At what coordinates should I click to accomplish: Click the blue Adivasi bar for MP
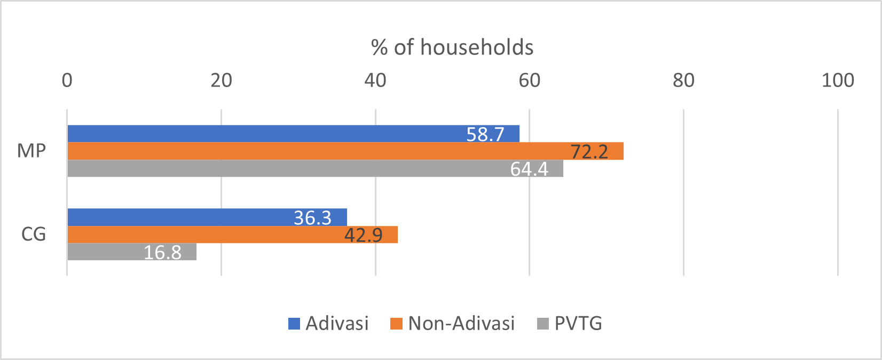coord(267,134)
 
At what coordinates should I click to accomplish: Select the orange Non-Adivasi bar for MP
coord(320,151)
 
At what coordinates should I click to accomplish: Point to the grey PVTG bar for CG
coord(107,252)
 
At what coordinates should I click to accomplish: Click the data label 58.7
coord(485,135)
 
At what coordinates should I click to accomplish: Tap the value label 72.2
coord(589,152)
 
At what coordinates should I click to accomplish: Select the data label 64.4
coord(529,169)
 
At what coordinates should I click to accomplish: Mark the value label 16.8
coord(162,252)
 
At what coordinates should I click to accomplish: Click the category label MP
coord(31,151)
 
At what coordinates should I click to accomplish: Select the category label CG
coord(33,234)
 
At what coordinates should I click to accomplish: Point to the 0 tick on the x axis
coord(67,81)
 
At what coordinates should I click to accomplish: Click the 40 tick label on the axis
coord(375,81)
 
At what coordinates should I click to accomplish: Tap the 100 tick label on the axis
coord(837,81)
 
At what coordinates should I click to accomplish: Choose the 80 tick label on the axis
coord(683,81)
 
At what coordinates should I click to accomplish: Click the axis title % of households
coord(452,48)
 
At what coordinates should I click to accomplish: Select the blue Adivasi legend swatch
coord(294,324)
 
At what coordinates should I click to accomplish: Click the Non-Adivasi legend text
coord(461,324)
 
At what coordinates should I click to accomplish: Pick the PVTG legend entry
coord(578,324)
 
